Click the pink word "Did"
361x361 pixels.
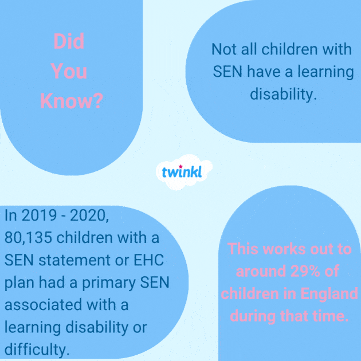coord(69,41)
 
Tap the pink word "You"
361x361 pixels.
coord(69,71)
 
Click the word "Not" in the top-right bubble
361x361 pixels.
coord(223,49)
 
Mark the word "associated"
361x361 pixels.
coord(40,304)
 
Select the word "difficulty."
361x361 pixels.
coord(37,349)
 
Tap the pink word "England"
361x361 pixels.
coord(326,294)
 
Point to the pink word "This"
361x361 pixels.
coord(246,250)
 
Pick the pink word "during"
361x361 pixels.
coord(257,316)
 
